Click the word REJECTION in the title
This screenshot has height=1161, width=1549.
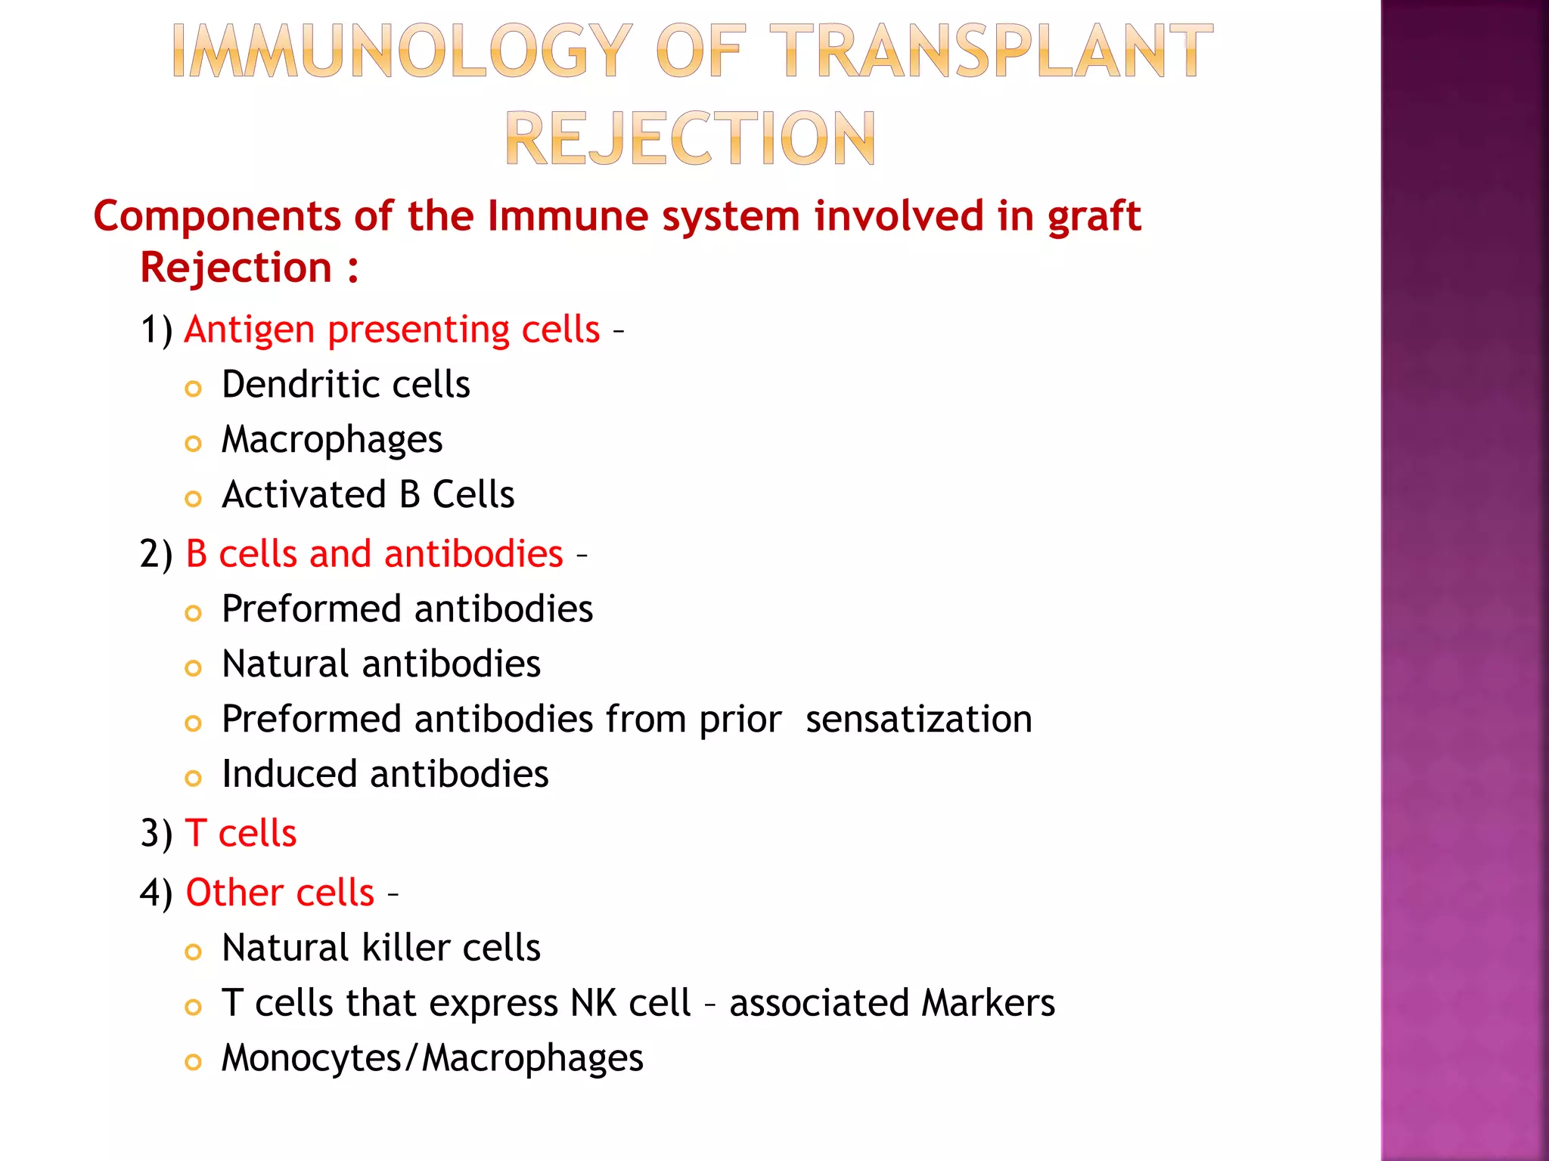[x=690, y=138]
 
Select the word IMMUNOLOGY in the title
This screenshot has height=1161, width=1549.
[x=402, y=51]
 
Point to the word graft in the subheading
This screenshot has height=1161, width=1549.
[x=1094, y=217]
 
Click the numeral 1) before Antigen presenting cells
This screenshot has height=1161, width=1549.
[x=157, y=330]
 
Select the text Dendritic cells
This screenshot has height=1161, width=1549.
[x=346, y=385]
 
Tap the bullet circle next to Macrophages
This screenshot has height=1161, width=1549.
[x=194, y=444]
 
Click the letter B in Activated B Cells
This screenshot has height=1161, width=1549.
[x=409, y=495]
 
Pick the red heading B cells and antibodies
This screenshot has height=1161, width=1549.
[x=374, y=554]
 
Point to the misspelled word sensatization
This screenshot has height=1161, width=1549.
[x=918, y=719]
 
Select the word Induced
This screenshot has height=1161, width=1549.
[x=289, y=775]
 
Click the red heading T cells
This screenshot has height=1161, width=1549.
[x=241, y=834]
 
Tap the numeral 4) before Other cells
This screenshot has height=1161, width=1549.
[x=157, y=893]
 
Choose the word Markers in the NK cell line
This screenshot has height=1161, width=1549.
[x=988, y=1004]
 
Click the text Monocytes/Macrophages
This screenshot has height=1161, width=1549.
[x=432, y=1058]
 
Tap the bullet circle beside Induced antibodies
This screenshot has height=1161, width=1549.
[x=194, y=779]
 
